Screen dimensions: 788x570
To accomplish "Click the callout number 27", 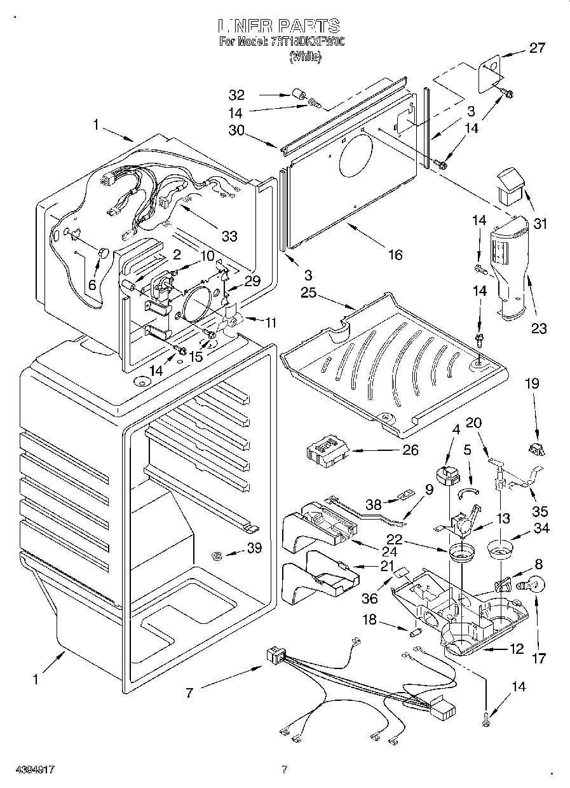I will pyautogui.click(x=537, y=48).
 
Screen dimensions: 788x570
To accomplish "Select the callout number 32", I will pyautogui.click(x=236, y=95).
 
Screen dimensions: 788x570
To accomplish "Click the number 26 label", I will pyautogui.click(x=411, y=450).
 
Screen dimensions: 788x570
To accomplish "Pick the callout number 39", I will pyautogui.click(x=254, y=549).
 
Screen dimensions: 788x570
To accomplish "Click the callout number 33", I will pyautogui.click(x=229, y=237).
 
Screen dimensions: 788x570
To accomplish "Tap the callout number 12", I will pyautogui.click(x=517, y=649).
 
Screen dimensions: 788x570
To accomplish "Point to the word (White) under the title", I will pyautogui.click(x=305, y=57).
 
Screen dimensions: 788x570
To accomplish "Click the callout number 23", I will pyautogui.click(x=539, y=328).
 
